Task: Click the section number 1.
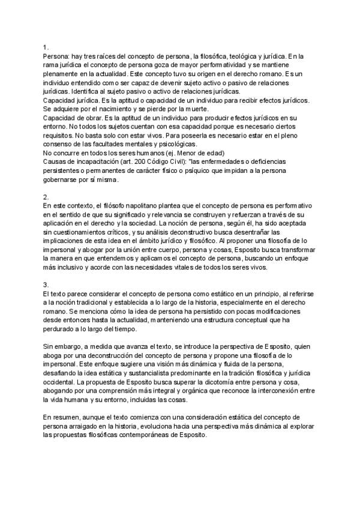[x=46, y=46]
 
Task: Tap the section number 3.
[x=46, y=283]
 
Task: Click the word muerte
[x=194, y=109]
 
